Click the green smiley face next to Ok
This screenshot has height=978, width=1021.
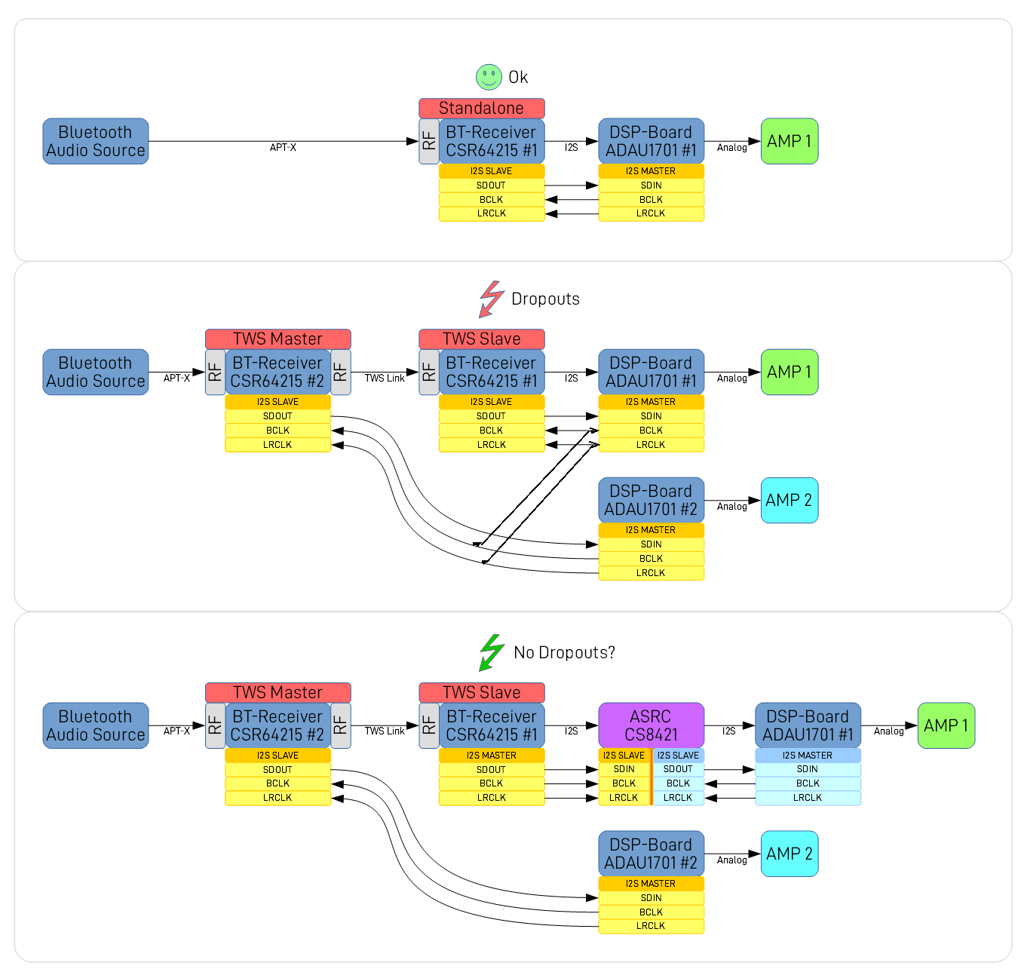pos(489,77)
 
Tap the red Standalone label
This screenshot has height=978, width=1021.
pos(481,109)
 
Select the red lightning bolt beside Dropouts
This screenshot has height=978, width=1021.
pos(491,299)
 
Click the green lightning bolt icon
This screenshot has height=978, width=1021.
pos(492,652)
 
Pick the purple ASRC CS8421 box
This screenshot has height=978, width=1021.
pos(651,725)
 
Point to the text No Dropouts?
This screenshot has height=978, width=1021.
pos(564,653)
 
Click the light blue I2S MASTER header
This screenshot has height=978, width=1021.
pos(807,756)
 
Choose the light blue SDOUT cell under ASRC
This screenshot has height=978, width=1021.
pos(678,769)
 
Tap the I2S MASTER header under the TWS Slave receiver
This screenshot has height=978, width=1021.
pos(491,756)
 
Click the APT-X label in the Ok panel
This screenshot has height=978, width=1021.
pos(283,148)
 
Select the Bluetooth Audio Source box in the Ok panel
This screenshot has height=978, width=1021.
pos(95,141)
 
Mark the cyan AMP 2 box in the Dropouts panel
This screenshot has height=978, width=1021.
pos(789,501)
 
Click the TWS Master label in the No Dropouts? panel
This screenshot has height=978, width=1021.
pos(277,693)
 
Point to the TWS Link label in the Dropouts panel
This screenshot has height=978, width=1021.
pos(385,379)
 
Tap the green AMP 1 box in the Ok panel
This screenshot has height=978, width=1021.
pos(789,141)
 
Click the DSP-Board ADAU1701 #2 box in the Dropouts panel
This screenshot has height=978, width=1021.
pos(651,501)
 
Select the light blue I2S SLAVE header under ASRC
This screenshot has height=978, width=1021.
pos(678,756)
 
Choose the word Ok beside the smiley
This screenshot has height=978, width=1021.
pos(518,78)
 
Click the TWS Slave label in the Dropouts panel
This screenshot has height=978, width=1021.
pos(481,339)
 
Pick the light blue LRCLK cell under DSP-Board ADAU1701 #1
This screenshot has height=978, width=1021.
pos(807,798)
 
